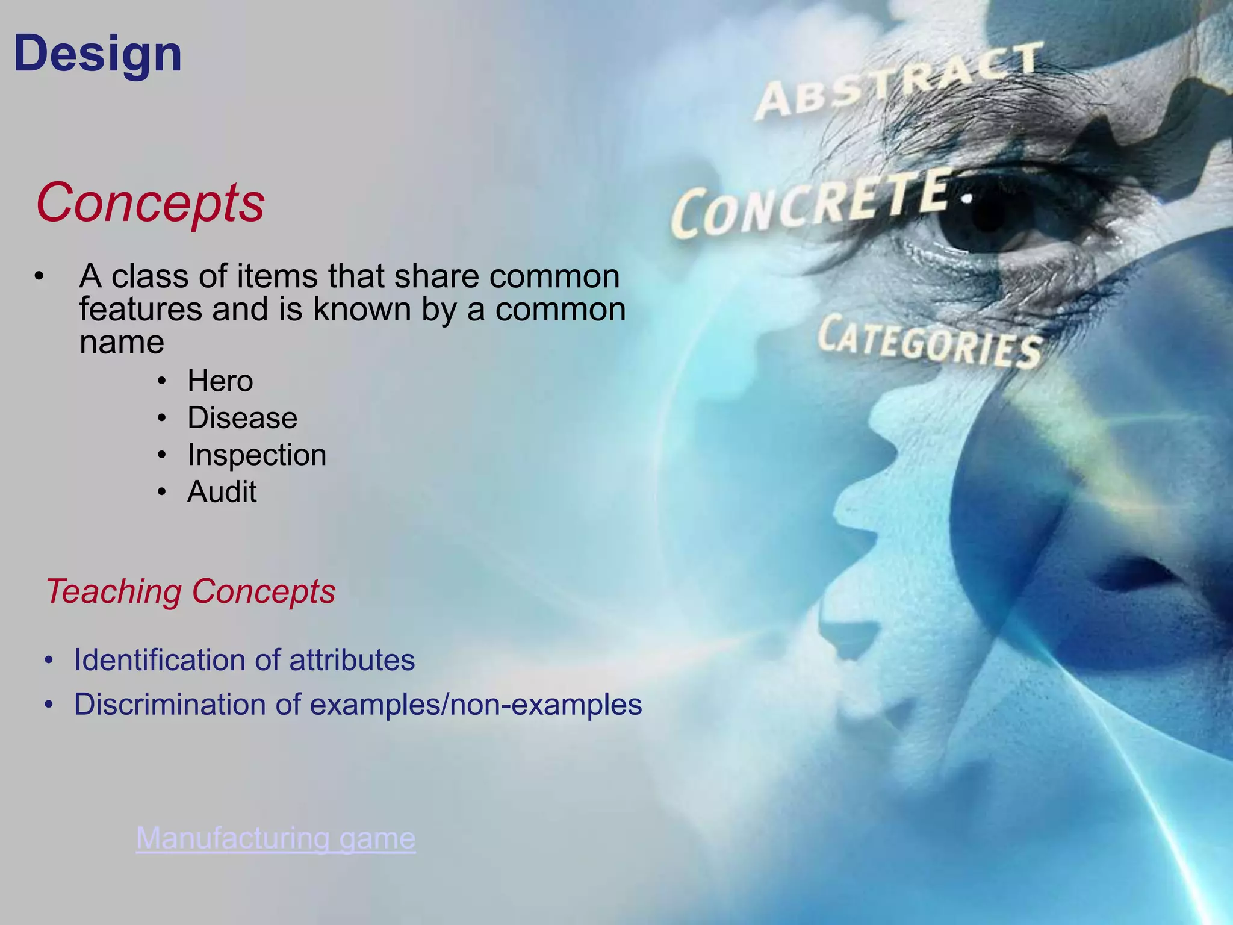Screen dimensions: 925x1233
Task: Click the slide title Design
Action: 98,54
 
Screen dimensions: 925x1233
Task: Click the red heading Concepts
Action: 150,203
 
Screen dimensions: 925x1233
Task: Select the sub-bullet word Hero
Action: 220,381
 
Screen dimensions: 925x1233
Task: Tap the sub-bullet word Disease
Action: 242,418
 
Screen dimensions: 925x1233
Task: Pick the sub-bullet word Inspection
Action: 256,455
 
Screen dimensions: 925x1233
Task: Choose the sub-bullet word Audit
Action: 222,492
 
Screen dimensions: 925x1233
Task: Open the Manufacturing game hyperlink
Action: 276,838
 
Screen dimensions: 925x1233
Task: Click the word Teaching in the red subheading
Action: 113,591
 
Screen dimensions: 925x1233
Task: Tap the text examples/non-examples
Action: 476,705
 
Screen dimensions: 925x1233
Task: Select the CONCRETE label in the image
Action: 813,205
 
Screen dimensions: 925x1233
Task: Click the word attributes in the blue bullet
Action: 352,660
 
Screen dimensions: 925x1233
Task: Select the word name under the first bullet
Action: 122,343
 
